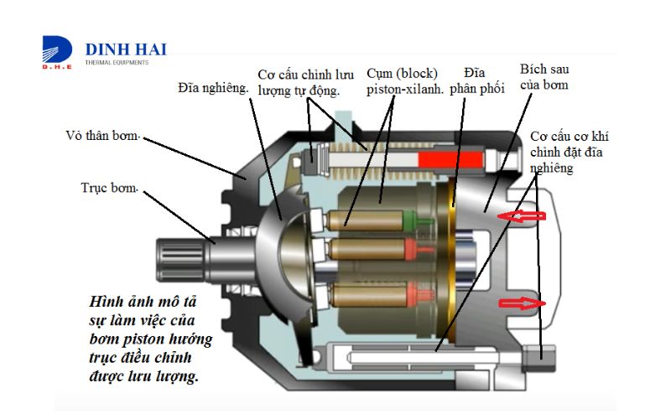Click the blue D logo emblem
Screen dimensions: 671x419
[57, 49]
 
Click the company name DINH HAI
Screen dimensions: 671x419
[126, 49]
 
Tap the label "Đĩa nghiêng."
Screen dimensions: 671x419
[213, 88]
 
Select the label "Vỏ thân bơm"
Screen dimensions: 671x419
[102, 136]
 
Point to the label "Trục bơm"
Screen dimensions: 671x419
[109, 188]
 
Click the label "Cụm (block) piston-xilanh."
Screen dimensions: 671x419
[404, 80]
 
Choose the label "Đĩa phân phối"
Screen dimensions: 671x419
[476, 80]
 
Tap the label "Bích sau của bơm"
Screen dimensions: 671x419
[544, 77]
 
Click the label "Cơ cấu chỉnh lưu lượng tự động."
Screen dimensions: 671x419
[305, 82]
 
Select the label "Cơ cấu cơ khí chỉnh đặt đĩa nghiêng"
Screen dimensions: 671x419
[569, 153]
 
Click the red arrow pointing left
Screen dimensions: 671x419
[522, 216]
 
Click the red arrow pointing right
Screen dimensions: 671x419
[522, 303]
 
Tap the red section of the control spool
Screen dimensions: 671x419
[450, 160]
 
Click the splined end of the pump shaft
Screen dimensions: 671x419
[179, 260]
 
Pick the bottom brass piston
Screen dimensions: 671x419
[369, 295]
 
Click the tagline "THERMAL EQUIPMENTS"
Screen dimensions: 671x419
[117, 62]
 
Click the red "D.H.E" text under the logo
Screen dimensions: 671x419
[57, 67]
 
